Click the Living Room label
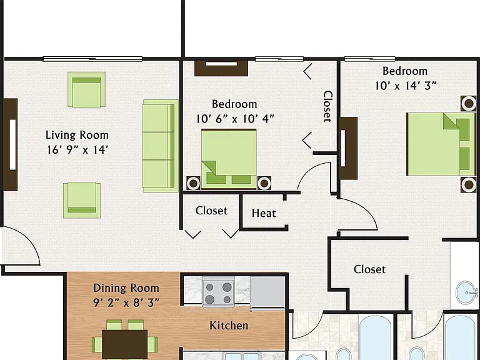click(77, 135)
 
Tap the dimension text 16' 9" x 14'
click(77, 150)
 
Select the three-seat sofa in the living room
click(161, 146)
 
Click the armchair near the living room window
click(87, 90)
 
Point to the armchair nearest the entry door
click(82, 200)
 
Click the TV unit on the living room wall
click(11, 144)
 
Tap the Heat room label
click(264, 213)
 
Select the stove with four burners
click(218, 292)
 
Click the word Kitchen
click(229, 326)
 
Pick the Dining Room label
click(126, 288)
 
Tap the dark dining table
click(124, 344)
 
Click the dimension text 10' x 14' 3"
click(406, 86)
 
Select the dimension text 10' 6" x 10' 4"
click(235, 119)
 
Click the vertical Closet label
click(327, 106)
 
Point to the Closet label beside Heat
click(211, 211)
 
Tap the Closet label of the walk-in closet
click(369, 269)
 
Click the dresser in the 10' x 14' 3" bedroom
click(348, 148)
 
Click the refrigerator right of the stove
click(267, 292)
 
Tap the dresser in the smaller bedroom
click(221, 68)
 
